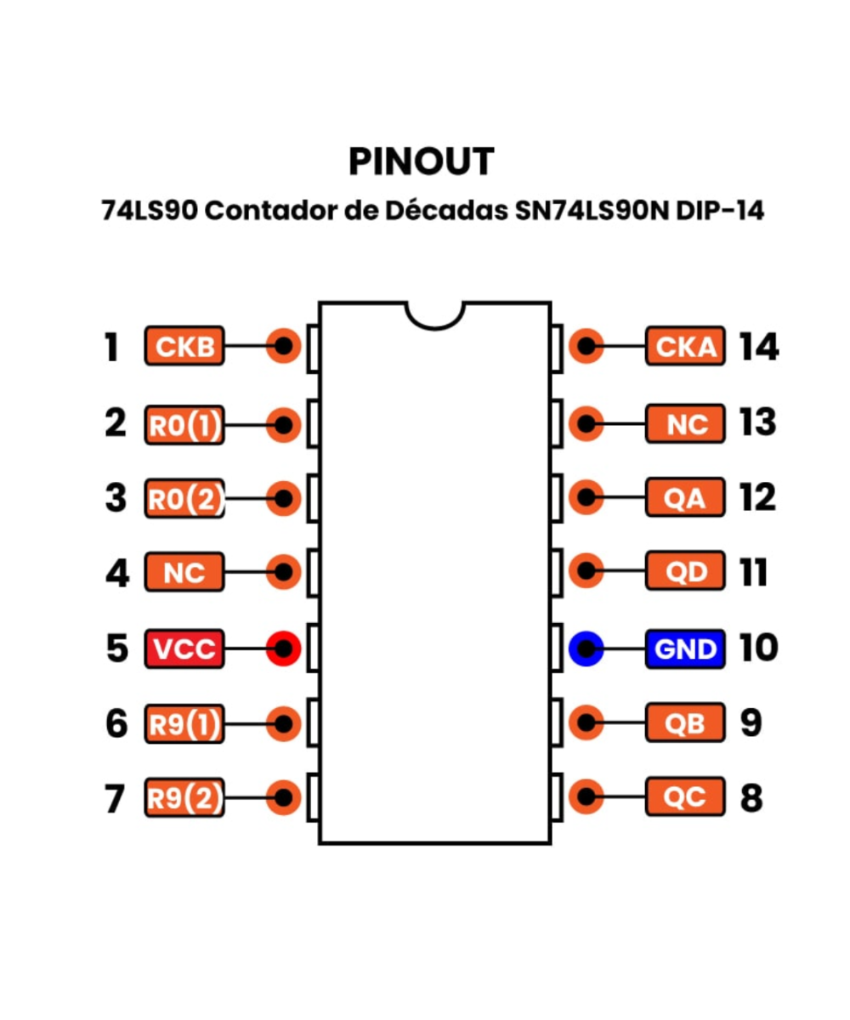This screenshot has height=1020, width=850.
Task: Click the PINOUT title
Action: (421, 161)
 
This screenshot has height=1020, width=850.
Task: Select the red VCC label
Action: (184, 649)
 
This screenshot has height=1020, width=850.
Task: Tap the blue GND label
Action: (685, 649)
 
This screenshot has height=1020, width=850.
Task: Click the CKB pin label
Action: (184, 347)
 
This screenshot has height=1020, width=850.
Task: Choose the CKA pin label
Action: (685, 347)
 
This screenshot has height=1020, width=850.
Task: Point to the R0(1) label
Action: (184, 424)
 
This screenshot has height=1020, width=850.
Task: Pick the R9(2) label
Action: (184, 799)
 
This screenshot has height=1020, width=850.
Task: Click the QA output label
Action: (685, 498)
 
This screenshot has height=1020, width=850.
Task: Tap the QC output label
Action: (685, 798)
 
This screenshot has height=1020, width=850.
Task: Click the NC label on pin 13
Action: (685, 423)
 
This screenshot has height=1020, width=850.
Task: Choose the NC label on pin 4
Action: (184, 573)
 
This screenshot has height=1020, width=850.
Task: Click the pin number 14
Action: (758, 347)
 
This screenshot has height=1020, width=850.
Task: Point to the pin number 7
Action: (114, 799)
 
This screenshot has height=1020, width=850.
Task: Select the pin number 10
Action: (758, 649)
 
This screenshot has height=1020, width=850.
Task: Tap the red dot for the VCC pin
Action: (283, 649)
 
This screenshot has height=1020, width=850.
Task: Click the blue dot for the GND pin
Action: (586, 649)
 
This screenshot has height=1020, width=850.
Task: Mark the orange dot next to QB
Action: (586, 723)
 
